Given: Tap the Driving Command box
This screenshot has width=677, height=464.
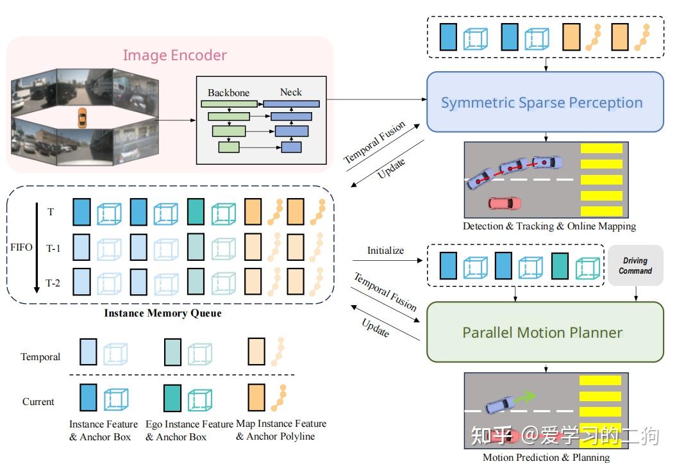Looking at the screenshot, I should pyautogui.click(x=635, y=266).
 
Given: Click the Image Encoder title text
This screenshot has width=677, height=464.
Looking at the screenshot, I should pyautogui.click(x=174, y=55).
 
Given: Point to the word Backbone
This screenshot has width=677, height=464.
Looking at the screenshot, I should pyautogui.click(x=228, y=92).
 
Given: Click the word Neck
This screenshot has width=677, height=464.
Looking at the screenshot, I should pyautogui.click(x=290, y=92).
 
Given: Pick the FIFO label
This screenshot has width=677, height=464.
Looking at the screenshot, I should pyautogui.click(x=21, y=247).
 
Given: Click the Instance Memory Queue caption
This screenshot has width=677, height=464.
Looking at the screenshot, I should pyautogui.click(x=163, y=313).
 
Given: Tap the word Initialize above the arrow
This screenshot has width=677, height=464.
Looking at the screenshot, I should pyautogui.click(x=385, y=251).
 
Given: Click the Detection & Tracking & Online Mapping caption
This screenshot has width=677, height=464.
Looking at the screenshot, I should pyautogui.click(x=549, y=226).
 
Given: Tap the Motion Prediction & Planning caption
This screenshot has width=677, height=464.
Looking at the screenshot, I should pyautogui.click(x=546, y=457).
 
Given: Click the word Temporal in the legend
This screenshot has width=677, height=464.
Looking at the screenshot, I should pyautogui.click(x=40, y=357).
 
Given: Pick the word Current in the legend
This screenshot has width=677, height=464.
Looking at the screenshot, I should pyautogui.click(x=38, y=402).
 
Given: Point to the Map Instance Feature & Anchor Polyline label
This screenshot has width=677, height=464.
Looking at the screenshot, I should pyautogui.click(x=281, y=430).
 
